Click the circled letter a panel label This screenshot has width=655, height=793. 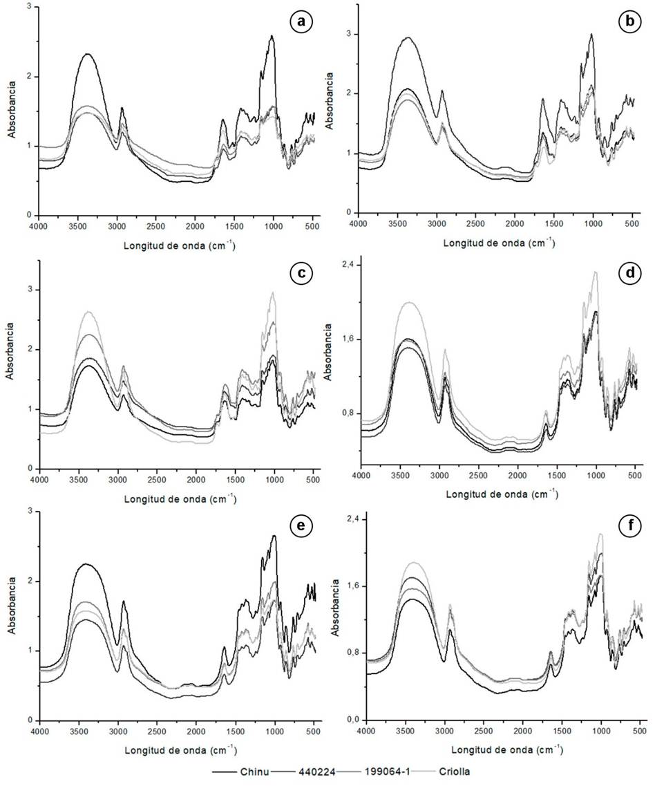click(x=301, y=23)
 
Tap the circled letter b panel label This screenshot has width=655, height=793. click(x=628, y=23)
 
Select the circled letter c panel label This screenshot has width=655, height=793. click(x=301, y=272)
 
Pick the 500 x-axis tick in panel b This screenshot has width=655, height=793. click(x=632, y=223)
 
